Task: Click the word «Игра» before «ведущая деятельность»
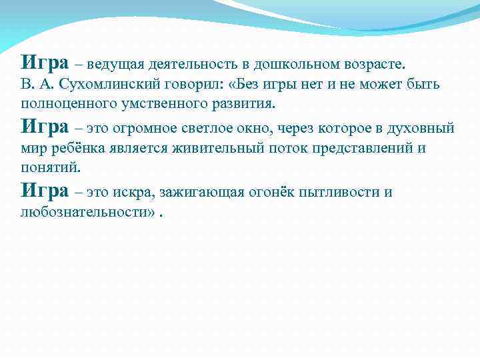[x=45, y=63]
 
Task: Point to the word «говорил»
[x=185, y=85]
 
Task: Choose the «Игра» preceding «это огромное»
[x=45, y=126]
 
